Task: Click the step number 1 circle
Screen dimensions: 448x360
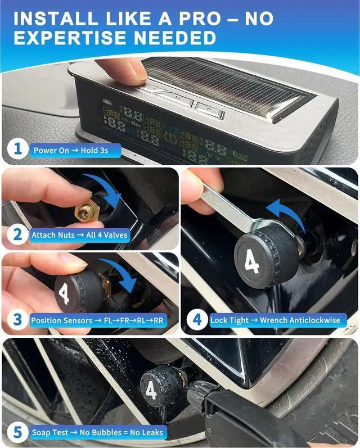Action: click(x=17, y=150)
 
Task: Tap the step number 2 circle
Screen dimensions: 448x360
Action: click(x=17, y=234)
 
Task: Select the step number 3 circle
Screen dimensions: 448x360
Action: click(x=17, y=320)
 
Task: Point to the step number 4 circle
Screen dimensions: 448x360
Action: click(x=197, y=320)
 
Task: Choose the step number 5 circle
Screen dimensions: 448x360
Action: click(x=17, y=432)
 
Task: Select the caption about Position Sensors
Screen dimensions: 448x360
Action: click(x=97, y=320)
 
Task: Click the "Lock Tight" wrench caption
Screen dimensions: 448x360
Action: click(x=275, y=320)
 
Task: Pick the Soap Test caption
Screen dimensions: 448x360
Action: click(x=97, y=432)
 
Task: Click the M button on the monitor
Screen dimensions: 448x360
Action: click(x=175, y=97)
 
